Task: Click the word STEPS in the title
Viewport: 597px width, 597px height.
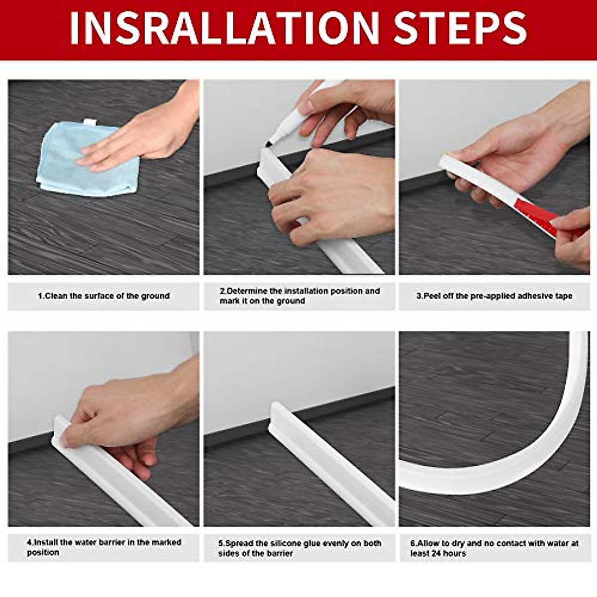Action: (x=461, y=28)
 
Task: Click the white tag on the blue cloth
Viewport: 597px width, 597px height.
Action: (x=90, y=122)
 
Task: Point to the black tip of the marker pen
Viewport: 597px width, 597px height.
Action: (x=269, y=144)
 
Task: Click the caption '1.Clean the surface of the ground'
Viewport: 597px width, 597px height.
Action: (x=104, y=296)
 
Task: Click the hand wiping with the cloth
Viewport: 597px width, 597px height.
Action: (x=144, y=134)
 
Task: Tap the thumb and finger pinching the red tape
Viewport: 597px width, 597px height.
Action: (x=572, y=234)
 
